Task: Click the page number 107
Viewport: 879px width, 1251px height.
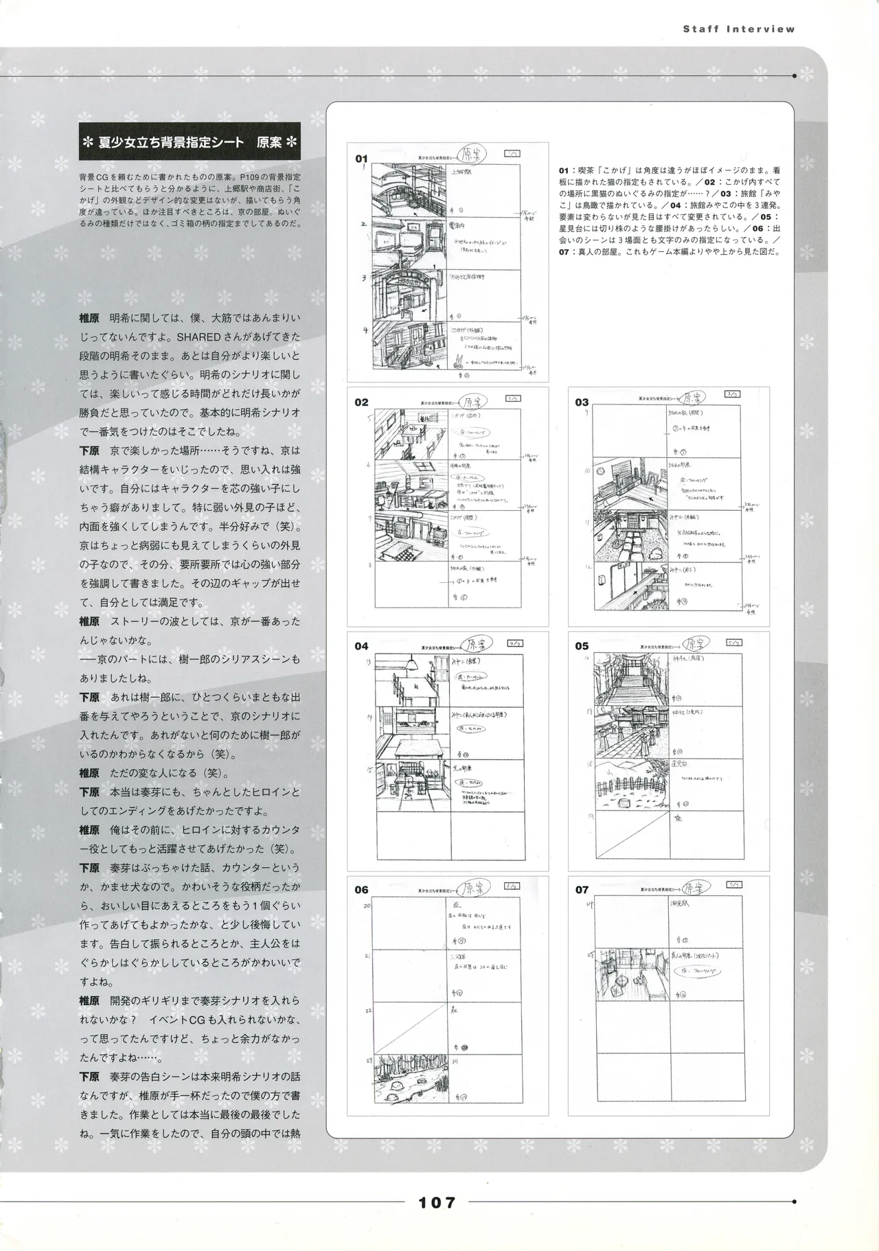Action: [x=437, y=1202]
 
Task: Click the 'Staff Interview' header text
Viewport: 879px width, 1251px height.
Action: [x=739, y=29]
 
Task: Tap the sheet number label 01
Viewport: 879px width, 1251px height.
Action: [x=361, y=159]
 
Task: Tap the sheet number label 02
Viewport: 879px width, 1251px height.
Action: [x=361, y=402]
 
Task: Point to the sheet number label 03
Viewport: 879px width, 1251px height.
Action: [x=582, y=402]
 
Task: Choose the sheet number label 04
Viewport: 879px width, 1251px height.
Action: [x=361, y=646]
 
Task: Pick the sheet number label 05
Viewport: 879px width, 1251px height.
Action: [x=582, y=646]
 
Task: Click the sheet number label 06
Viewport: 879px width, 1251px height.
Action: [x=361, y=890]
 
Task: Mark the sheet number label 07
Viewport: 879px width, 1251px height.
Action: [x=582, y=890]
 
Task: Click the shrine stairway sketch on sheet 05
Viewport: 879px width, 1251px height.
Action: [x=630, y=680]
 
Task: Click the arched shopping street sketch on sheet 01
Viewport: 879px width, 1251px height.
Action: [x=411, y=294]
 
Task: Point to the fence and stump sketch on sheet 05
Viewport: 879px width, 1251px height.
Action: [x=630, y=783]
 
